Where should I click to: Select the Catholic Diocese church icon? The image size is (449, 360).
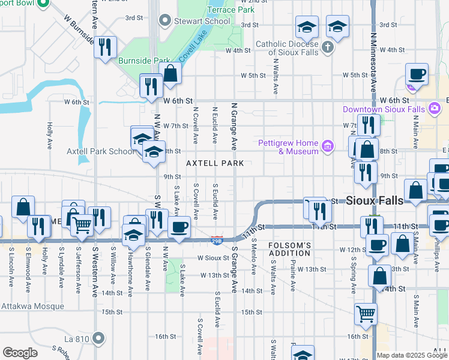328,47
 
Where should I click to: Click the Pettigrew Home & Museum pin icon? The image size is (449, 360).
327,146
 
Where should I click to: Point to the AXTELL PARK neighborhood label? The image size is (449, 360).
215,163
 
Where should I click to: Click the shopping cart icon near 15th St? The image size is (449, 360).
366,313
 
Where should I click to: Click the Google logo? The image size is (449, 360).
20,353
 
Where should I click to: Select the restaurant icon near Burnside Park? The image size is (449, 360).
106,46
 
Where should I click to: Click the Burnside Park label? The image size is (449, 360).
137,61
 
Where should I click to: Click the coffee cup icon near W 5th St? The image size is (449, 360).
417,74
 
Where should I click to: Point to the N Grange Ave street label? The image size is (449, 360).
235,126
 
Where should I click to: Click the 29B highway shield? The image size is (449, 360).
217,240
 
